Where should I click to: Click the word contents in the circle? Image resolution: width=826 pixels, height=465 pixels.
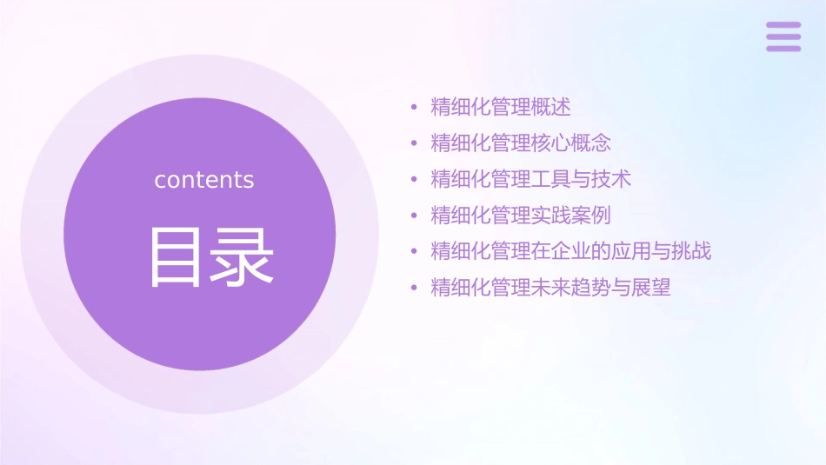204,180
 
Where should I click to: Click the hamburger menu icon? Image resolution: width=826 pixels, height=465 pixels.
783,37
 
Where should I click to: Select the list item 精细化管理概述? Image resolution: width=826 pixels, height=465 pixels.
501,108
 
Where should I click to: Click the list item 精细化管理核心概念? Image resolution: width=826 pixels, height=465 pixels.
521,143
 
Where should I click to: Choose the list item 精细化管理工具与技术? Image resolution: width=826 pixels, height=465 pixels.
530,179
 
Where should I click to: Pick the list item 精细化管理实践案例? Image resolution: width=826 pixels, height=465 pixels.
521,215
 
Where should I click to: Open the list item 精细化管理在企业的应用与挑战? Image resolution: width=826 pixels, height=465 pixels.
571,251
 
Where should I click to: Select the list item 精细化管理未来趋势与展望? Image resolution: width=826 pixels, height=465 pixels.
551,287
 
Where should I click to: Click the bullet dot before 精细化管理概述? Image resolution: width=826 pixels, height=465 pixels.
414,109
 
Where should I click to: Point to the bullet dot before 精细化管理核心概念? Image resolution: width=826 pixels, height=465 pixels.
414,144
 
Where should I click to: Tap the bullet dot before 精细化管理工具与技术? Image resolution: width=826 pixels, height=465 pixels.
414,180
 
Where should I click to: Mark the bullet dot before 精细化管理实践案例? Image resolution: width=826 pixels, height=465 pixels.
414,216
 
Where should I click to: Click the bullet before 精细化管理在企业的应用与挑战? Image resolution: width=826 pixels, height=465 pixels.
414,252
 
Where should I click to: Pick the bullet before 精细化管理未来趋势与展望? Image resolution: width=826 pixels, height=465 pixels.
414,288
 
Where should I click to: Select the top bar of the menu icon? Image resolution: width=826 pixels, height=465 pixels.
783,25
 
